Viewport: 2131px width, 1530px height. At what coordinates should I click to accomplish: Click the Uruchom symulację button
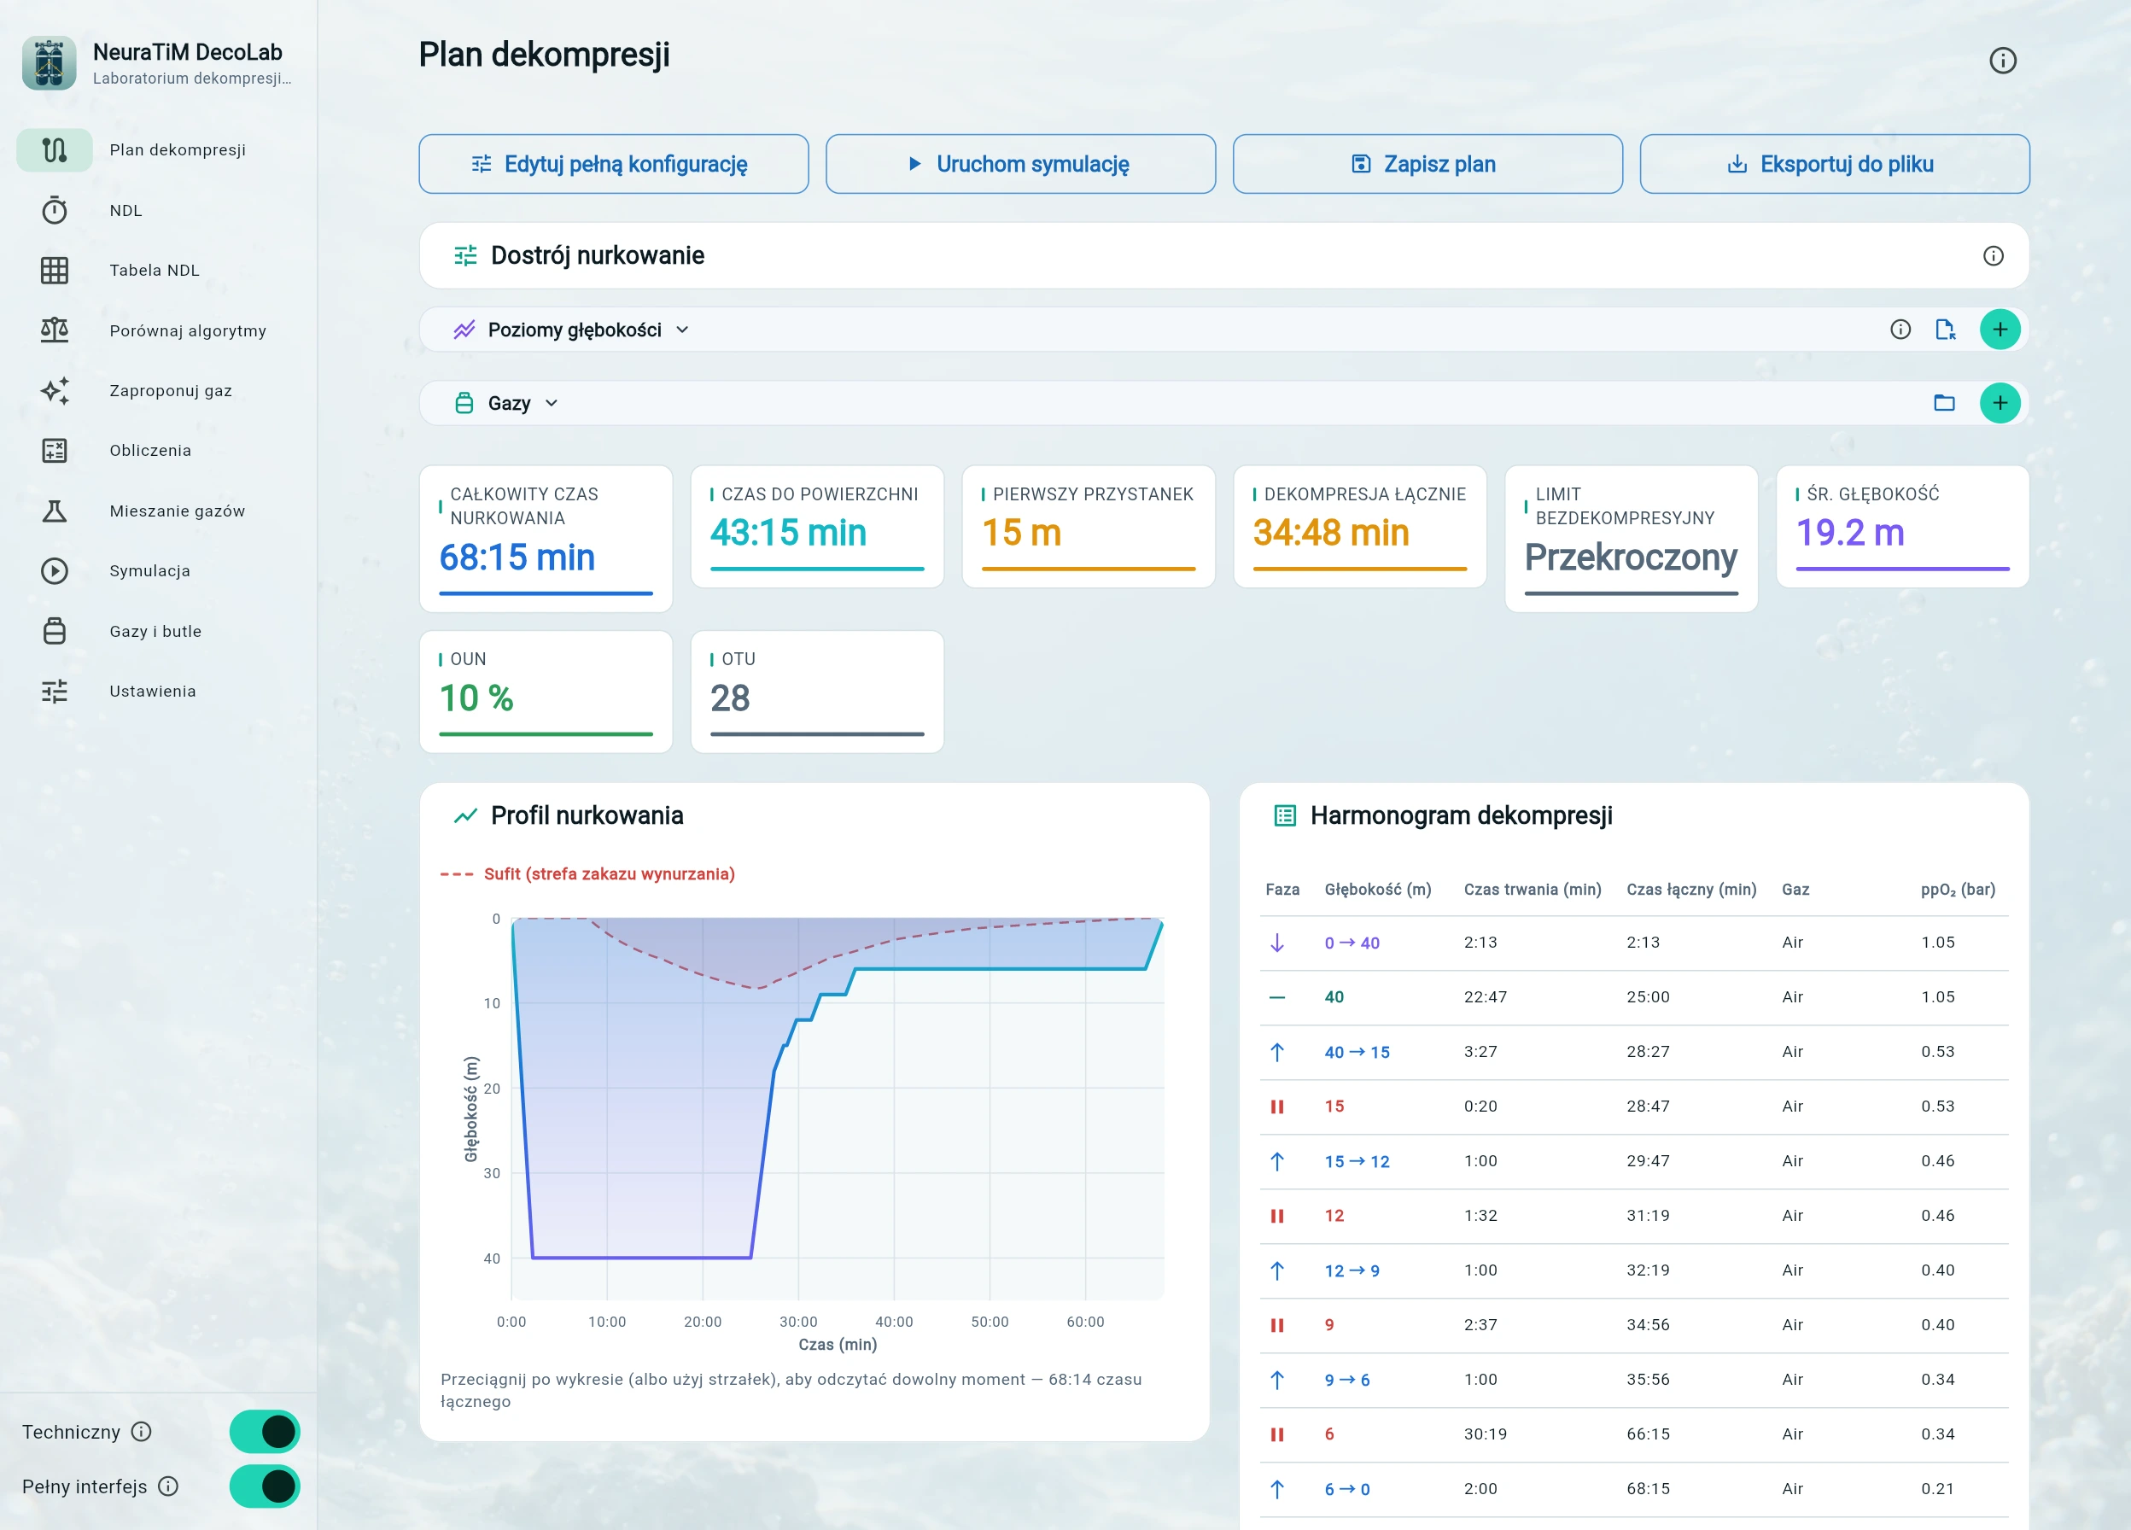pyautogui.click(x=1020, y=164)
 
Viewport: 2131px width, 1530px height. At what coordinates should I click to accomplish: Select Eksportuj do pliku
pyautogui.click(x=1834, y=164)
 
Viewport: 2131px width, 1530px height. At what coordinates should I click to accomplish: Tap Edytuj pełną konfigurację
pyautogui.click(x=614, y=164)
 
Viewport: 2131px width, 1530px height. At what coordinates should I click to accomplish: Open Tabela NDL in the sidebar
pyautogui.click(x=154, y=271)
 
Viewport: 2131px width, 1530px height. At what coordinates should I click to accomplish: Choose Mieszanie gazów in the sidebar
pyautogui.click(x=177, y=511)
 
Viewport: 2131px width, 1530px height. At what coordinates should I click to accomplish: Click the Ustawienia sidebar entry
pyautogui.click(x=152, y=692)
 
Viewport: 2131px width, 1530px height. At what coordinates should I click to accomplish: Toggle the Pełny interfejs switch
pyautogui.click(x=265, y=1486)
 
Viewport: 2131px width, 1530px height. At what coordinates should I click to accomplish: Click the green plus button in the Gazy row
pyautogui.click(x=2000, y=403)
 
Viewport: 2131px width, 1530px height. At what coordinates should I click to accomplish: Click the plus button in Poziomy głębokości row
pyautogui.click(x=2000, y=330)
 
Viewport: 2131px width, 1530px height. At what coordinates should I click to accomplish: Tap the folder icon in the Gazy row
pyautogui.click(x=1944, y=403)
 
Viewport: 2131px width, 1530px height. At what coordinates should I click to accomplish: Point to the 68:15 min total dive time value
pyautogui.click(x=517, y=558)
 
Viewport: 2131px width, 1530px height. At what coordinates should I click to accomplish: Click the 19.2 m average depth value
pyautogui.click(x=1849, y=533)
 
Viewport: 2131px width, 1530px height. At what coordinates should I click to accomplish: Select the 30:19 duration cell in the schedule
pyautogui.click(x=1485, y=1434)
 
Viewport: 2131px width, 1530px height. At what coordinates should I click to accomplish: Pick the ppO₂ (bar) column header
pyautogui.click(x=1957, y=889)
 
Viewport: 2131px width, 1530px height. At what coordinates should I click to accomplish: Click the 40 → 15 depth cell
pyautogui.click(x=1357, y=1052)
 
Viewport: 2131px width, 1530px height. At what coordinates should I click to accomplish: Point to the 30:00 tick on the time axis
pyautogui.click(x=797, y=1322)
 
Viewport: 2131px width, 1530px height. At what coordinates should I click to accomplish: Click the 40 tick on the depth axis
pyautogui.click(x=492, y=1258)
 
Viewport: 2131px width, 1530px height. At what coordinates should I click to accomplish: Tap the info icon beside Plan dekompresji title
pyautogui.click(x=2002, y=60)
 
